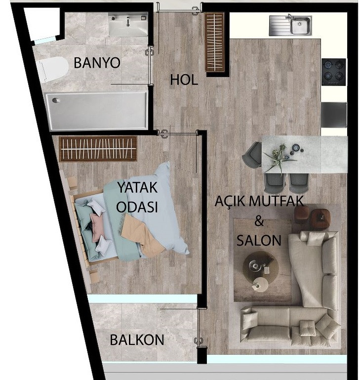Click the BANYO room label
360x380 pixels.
click(x=97, y=63)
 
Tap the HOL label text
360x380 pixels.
click(x=184, y=80)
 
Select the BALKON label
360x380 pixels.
click(x=137, y=340)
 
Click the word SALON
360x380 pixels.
click(x=259, y=241)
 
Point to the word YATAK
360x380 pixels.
click(x=137, y=187)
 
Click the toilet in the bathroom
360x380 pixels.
click(x=53, y=70)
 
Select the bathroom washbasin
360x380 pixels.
click(x=128, y=24)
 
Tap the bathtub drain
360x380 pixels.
click(x=56, y=100)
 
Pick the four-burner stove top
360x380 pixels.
click(x=334, y=72)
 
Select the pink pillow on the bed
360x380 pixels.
click(x=97, y=227)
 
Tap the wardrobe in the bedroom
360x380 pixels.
click(x=98, y=148)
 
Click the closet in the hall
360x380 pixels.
click(x=215, y=42)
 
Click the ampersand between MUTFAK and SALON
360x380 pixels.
click(x=259, y=221)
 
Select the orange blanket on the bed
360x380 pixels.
click(x=143, y=236)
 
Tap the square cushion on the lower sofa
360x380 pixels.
click(x=308, y=328)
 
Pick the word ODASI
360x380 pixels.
click(x=137, y=207)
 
